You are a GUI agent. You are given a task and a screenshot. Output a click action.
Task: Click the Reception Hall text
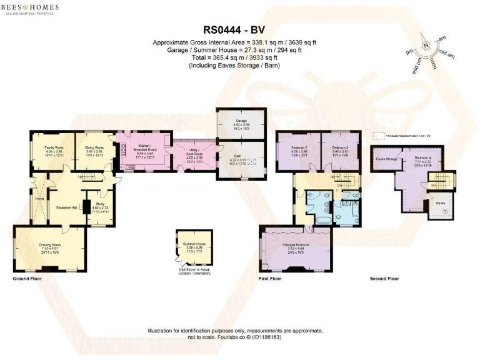tap(66, 206)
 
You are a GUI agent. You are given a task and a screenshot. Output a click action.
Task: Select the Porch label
tap(39, 200)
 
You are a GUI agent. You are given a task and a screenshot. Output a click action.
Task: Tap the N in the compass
tap(426, 46)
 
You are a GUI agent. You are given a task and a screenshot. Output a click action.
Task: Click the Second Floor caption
tap(384, 277)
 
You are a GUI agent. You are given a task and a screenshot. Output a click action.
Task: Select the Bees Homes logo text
tap(30, 7)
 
